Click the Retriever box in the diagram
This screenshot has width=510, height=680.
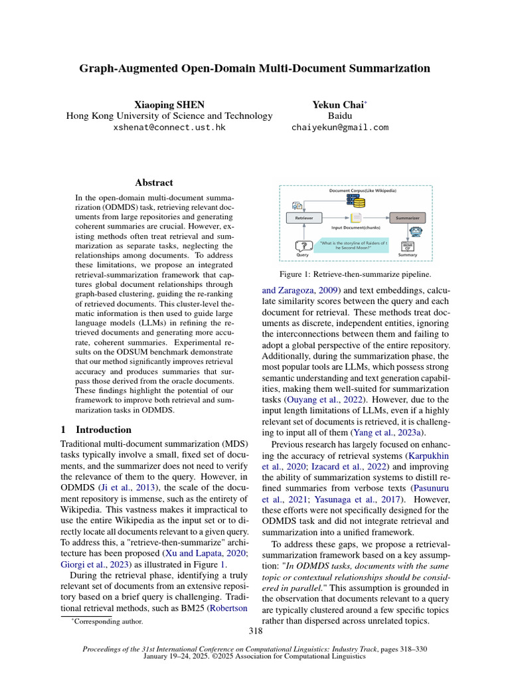[304, 217]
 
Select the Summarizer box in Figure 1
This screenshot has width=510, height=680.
[407, 217]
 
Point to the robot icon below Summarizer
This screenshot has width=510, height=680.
[416, 232]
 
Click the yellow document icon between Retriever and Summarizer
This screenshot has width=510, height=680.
[357, 217]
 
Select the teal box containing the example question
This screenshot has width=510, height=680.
[351, 245]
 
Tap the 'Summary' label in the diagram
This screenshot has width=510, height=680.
[407, 255]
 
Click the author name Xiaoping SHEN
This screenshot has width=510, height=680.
[169, 104]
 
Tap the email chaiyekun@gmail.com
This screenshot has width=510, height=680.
[340, 127]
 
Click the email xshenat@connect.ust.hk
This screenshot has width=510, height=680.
[169, 127]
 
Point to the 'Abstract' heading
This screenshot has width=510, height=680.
[154, 182]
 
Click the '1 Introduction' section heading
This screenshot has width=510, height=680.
[96, 429]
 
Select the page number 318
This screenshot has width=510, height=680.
[255, 631]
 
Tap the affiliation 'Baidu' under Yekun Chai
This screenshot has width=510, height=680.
[340, 116]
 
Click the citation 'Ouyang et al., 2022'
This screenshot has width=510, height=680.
[314, 400]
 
